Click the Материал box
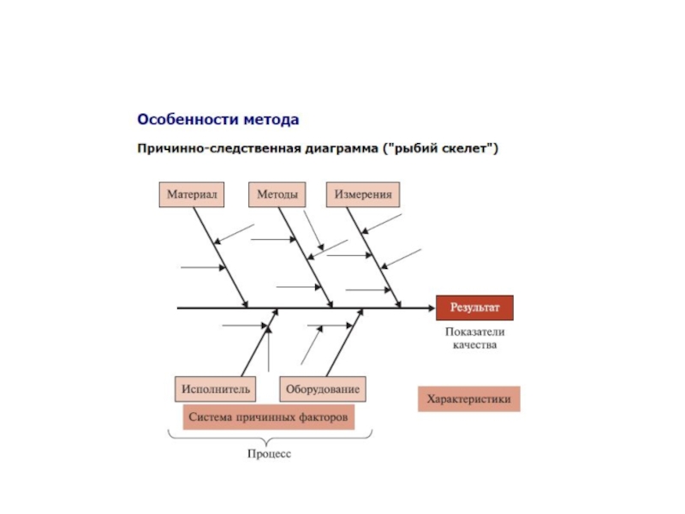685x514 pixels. [x=192, y=194]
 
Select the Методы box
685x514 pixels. [x=277, y=194]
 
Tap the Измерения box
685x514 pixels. [x=363, y=194]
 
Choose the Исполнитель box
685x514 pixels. [x=216, y=389]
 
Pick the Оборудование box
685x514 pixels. [x=323, y=389]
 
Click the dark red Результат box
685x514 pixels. [x=474, y=308]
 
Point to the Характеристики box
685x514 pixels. [x=468, y=399]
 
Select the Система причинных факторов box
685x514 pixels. [x=268, y=417]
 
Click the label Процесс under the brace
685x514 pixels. [x=269, y=454]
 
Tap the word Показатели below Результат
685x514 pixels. [x=475, y=332]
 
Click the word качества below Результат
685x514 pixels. [x=474, y=345]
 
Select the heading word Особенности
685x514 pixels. [x=188, y=119]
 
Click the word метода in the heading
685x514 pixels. [x=271, y=120]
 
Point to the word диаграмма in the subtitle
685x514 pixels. [x=341, y=148]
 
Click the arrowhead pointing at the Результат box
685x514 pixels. [x=432, y=308]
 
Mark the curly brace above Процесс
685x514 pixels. [x=270, y=438]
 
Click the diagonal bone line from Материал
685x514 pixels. [x=221, y=258]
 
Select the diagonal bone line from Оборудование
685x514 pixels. [x=345, y=342]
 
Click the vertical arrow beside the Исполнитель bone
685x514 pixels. [x=269, y=349]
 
